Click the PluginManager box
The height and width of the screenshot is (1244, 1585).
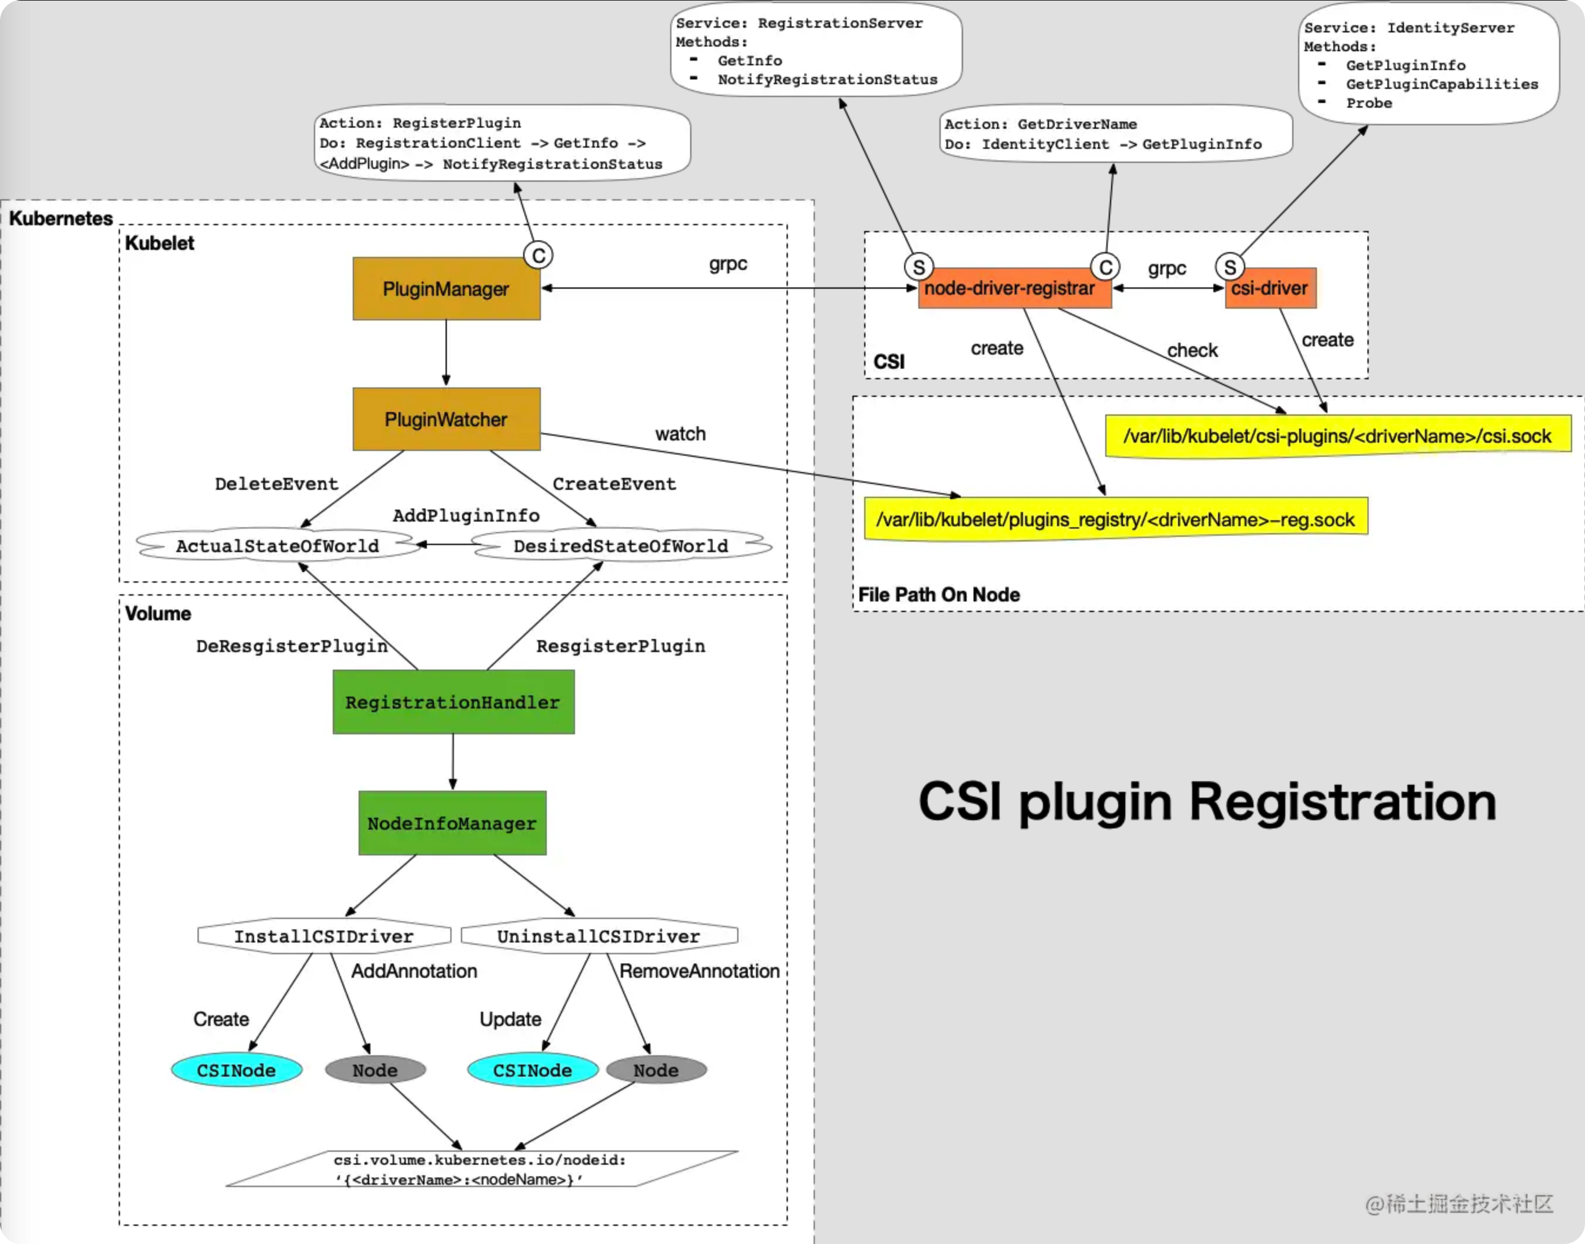(x=446, y=289)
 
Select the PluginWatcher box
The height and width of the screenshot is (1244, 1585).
(x=446, y=420)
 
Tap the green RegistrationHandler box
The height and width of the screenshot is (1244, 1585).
(x=453, y=702)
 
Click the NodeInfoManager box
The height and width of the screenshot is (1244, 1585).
(x=452, y=823)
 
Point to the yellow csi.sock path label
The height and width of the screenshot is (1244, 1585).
(x=1337, y=436)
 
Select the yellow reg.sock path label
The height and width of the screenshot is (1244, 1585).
(x=1115, y=519)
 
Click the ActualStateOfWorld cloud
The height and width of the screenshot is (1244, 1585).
(x=277, y=546)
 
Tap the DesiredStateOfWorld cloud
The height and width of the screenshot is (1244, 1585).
(x=621, y=546)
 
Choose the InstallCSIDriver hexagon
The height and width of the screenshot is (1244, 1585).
(x=324, y=936)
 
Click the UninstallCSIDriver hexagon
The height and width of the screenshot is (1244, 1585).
(x=598, y=936)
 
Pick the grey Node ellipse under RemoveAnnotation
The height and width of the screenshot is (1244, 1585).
(x=656, y=1070)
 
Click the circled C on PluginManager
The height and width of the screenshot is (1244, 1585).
(x=539, y=256)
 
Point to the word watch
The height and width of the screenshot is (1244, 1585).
(x=680, y=434)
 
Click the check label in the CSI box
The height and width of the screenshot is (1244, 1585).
(x=1192, y=350)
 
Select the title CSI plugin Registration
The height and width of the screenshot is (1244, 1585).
(x=1207, y=802)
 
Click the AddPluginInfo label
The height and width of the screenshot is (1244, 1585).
(x=466, y=516)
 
